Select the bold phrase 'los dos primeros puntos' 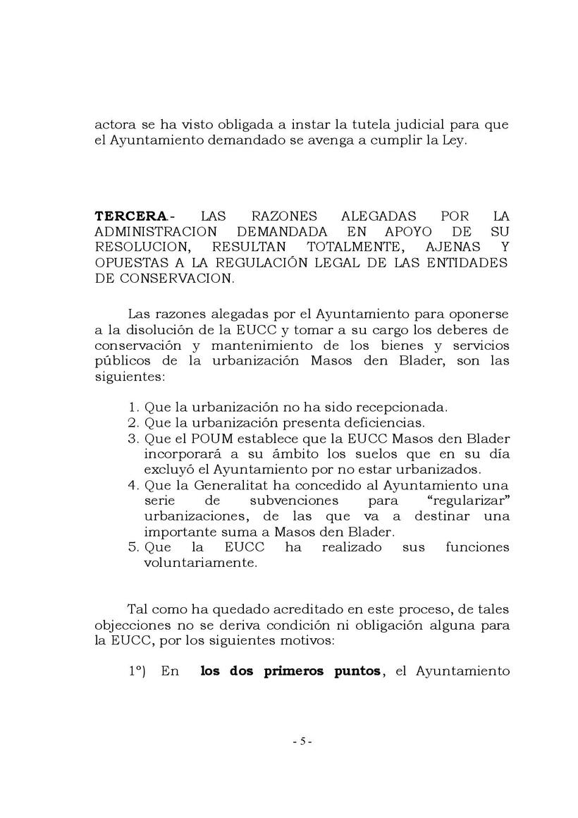290,671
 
